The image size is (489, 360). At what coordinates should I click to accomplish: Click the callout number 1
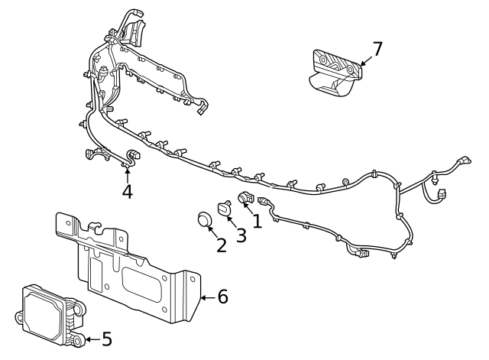click(x=257, y=221)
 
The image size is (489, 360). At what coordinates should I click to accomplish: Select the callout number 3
click(x=241, y=235)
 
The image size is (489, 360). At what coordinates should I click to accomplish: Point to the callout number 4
click(x=128, y=190)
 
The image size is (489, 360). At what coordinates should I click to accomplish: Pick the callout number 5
click(x=106, y=338)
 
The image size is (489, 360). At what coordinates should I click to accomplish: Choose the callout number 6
click(x=222, y=296)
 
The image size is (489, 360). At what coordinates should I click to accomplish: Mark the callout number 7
click(x=377, y=49)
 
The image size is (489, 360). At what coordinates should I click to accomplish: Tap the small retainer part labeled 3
click(x=225, y=207)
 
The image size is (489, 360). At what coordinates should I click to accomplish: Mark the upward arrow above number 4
click(x=128, y=172)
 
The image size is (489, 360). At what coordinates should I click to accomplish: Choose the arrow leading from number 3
click(x=232, y=222)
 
